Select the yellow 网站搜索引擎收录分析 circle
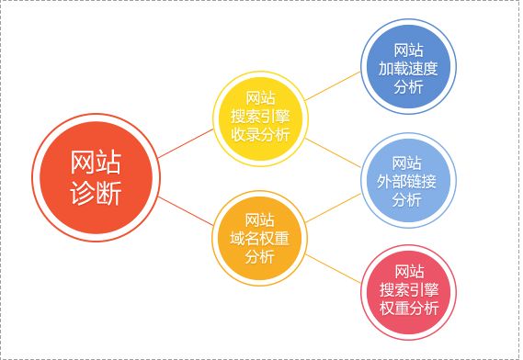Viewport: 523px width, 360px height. pyautogui.click(x=259, y=117)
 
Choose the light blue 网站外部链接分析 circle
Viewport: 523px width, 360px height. pyautogui.click(x=407, y=181)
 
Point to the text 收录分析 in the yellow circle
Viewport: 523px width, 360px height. pyautogui.click(x=259, y=135)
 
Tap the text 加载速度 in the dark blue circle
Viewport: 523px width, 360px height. pyautogui.click(x=407, y=68)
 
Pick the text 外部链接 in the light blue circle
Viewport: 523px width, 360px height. pyautogui.click(x=407, y=181)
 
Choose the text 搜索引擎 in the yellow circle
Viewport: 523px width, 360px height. pyautogui.click(x=259, y=117)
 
